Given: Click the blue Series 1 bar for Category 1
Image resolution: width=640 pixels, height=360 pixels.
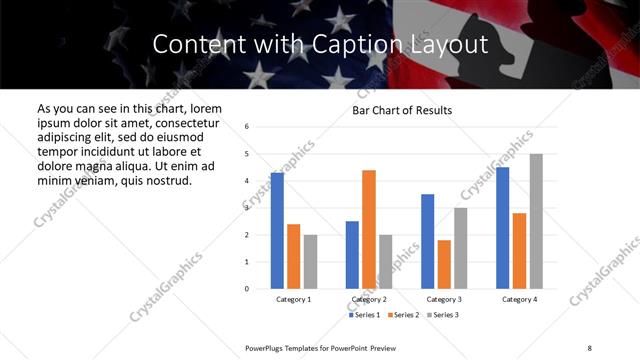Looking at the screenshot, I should (x=277, y=231).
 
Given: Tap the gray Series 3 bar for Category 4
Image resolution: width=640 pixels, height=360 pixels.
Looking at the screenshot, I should (x=536, y=221).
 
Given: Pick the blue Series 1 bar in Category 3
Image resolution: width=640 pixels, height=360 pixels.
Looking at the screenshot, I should (x=427, y=242).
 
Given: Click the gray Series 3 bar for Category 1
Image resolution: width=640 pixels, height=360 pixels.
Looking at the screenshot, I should (x=310, y=262).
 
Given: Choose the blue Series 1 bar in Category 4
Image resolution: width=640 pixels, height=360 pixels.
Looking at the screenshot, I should (x=502, y=228).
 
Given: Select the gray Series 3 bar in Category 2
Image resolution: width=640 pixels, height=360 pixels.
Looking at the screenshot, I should (x=386, y=262).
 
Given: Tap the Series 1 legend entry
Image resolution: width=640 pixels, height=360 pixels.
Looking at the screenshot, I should (x=364, y=315).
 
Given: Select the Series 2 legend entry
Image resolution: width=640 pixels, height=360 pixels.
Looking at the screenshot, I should (x=405, y=315).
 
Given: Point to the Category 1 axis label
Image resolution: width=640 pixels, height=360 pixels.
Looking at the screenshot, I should (x=293, y=299).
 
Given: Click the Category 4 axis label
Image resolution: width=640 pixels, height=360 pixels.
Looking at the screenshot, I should (x=519, y=299).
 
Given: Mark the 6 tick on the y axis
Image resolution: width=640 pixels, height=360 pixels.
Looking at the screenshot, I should (x=246, y=127).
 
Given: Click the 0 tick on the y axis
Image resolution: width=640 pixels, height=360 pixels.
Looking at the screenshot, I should (x=246, y=289).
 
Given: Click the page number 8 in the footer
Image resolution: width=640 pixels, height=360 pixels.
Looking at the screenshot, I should (x=589, y=347).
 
